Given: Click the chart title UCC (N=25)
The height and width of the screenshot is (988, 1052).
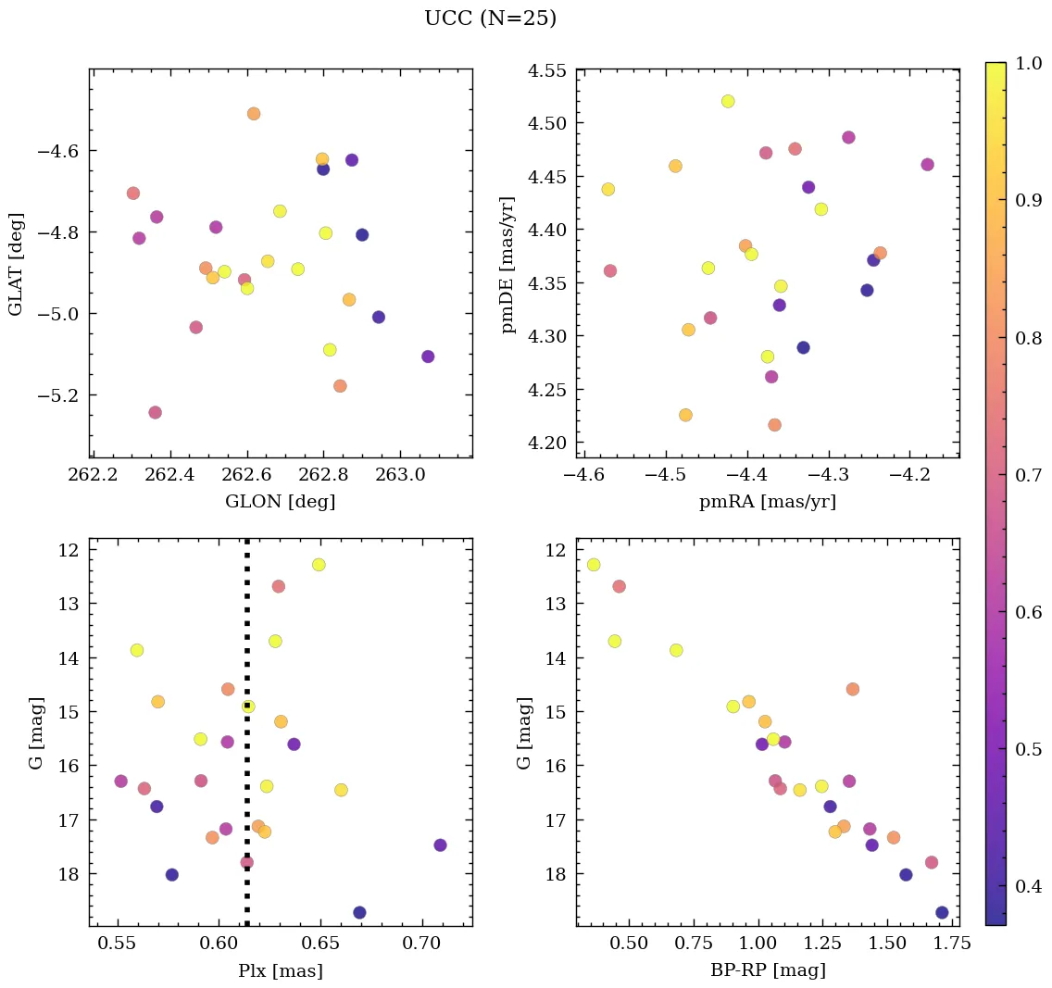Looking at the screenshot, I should (490, 19).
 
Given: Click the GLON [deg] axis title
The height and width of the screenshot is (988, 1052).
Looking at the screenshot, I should (280, 502).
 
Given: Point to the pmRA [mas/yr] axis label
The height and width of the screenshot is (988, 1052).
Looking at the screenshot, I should (767, 502).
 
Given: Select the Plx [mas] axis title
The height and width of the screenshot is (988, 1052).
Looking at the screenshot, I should (280, 971).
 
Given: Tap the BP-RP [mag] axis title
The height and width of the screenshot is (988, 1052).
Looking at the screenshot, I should (767, 970).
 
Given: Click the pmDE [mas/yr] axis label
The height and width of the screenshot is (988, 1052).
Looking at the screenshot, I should (508, 264).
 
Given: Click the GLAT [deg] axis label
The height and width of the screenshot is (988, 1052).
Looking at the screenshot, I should (16, 264).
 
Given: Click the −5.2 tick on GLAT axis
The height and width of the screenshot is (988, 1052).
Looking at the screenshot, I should (59, 395).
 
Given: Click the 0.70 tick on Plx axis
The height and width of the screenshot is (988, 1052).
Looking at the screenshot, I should (422, 944).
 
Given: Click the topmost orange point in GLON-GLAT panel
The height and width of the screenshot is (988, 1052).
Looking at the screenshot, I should (254, 114).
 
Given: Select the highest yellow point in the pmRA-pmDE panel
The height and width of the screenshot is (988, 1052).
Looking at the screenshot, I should (728, 101).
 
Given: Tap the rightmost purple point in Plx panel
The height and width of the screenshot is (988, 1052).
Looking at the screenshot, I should (440, 844).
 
